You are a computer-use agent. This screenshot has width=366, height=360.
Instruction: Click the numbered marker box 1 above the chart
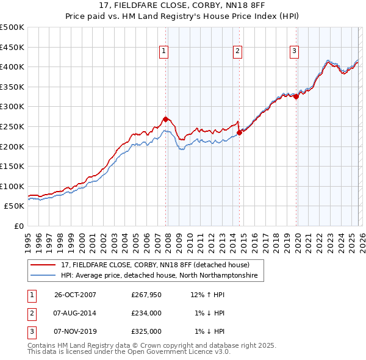click(165, 52)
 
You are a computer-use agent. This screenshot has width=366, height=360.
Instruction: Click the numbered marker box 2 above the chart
click(237, 52)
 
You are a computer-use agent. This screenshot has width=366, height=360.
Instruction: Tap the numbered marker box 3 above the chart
click(294, 52)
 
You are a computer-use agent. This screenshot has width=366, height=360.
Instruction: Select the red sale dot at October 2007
click(165, 119)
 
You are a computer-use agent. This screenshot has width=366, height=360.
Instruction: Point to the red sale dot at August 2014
click(239, 132)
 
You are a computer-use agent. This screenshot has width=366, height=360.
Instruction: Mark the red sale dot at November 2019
click(296, 96)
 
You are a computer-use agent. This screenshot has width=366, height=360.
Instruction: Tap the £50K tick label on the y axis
click(15, 206)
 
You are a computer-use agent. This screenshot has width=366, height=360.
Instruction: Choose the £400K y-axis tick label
click(12, 67)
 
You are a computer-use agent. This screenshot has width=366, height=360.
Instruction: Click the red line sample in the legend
click(43, 265)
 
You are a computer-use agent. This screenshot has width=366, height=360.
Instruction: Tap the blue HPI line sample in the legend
click(43, 276)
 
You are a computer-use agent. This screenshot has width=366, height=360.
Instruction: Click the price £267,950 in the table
click(146, 295)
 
